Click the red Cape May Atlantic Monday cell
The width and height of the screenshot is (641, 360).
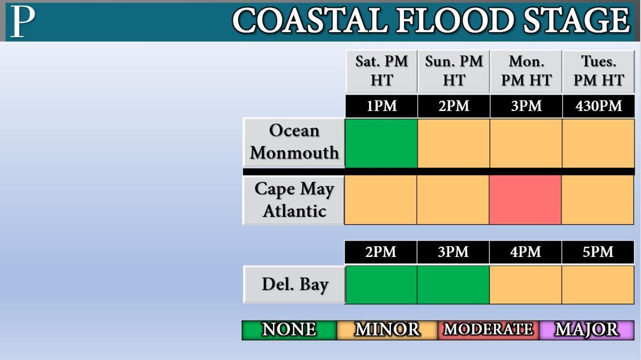tap(526, 200)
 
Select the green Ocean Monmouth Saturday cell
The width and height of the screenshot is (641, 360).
tap(381, 143)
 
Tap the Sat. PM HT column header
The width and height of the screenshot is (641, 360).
tap(382, 71)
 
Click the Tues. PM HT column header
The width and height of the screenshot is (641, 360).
tap(599, 71)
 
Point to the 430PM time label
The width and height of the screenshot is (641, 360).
tap(599, 106)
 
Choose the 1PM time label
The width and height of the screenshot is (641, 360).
tap(382, 106)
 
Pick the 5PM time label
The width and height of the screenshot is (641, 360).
tap(598, 252)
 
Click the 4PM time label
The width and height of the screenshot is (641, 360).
tap(526, 252)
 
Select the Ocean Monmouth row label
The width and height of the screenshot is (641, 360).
tap(294, 142)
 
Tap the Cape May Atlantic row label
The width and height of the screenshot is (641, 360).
tap(294, 200)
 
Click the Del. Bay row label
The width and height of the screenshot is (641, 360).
tap(294, 284)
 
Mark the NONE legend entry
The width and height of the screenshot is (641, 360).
tap(290, 330)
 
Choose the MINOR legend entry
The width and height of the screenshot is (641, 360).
tap(387, 330)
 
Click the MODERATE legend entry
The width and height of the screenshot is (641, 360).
tap(488, 330)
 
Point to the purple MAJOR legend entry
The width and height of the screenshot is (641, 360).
tap(587, 330)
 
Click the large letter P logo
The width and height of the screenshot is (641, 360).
tap(22, 22)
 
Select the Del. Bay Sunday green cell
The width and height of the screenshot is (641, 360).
tap(454, 285)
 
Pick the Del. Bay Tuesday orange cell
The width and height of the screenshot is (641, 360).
tap(598, 285)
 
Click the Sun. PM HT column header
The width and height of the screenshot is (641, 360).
tap(454, 71)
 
